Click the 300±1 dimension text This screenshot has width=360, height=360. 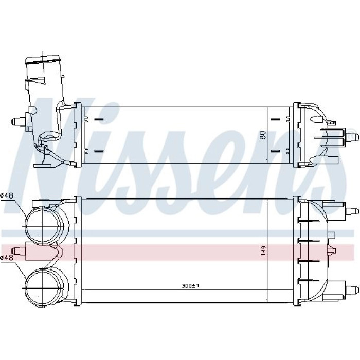190,286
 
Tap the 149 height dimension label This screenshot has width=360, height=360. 263,250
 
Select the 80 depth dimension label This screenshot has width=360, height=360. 263,135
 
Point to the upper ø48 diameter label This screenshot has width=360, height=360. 7,195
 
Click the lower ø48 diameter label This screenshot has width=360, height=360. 7,258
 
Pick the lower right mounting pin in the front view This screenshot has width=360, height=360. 352,290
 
